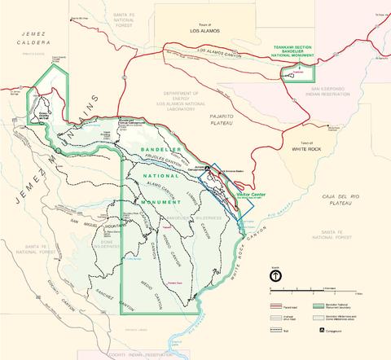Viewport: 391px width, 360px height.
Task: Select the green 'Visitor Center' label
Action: click(247, 195)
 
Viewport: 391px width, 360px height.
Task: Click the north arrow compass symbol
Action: click(275, 276)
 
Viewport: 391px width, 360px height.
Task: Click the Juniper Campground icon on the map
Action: click(208, 169)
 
